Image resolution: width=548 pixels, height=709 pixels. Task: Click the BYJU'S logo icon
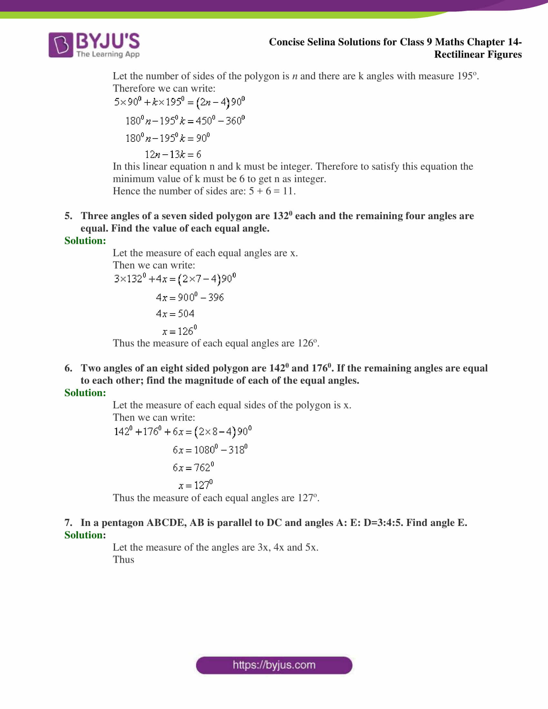click(x=61, y=45)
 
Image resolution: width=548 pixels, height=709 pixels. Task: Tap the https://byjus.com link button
click(x=274, y=665)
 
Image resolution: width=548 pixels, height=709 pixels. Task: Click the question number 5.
click(x=68, y=216)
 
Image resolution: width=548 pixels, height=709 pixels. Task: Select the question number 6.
click(x=68, y=368)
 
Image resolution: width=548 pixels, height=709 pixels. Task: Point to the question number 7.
click(x=68, y=523)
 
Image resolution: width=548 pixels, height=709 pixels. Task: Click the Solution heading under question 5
click(x=85, y=240)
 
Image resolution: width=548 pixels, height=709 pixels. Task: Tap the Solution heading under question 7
click(x=85, y=535)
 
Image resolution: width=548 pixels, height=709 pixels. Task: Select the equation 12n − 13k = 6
click(x=173, y=154)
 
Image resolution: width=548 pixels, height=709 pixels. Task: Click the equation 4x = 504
click(x=175, y=314)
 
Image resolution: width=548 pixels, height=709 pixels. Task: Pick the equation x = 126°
click(x=180, y=331)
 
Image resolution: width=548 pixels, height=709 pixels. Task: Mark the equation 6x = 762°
click(x=193, y=468)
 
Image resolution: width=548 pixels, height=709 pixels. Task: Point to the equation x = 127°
click(x=195, y=485)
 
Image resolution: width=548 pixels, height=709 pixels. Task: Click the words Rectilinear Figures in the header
click(x=478, y=54)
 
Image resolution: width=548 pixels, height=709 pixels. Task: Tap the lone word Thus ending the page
click(x=123, y=560)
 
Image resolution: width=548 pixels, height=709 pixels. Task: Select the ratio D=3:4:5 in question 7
click(x=383, y=523)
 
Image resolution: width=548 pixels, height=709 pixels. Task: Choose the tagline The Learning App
click(x=108, y=54)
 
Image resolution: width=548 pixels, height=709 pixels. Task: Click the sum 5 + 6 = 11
click(x=272, y=191)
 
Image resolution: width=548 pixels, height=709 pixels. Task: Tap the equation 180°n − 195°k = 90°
click(x=168, y=138)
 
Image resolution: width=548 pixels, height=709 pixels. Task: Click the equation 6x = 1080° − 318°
click(x=210, y=450)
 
